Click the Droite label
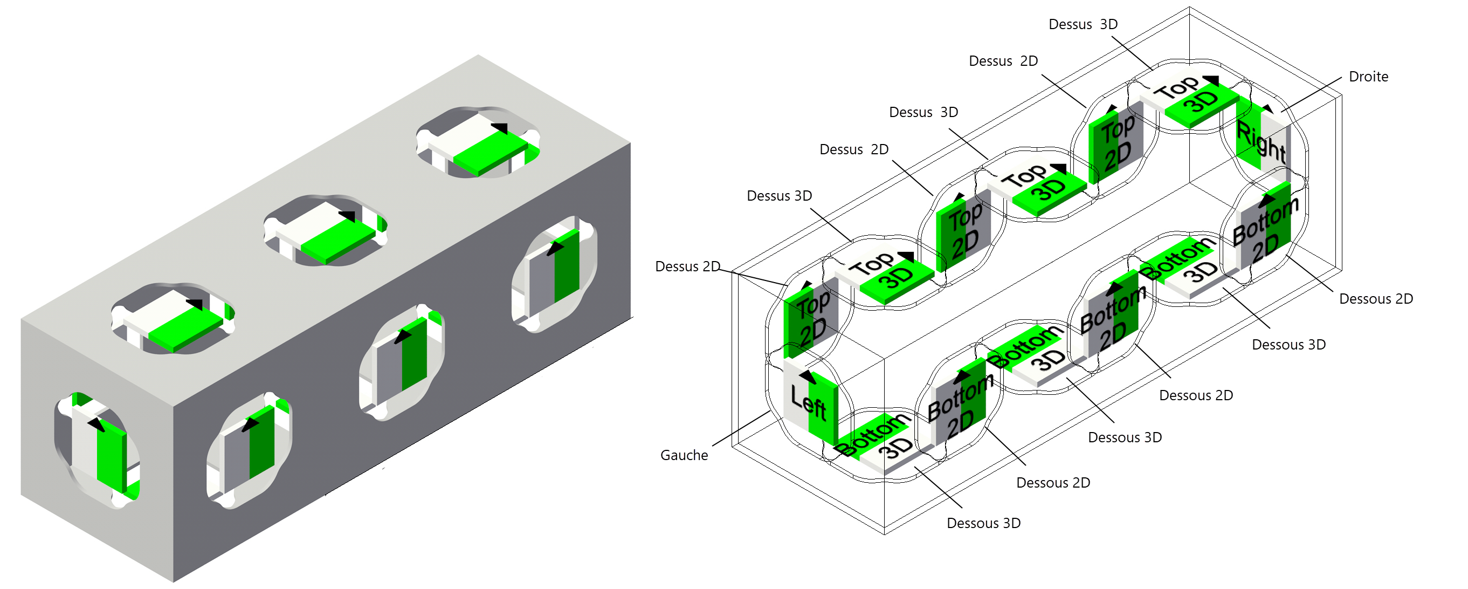[1368, 77]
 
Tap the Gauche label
[684, 455]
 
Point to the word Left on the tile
[808, 401]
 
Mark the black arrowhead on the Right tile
[1267, 108]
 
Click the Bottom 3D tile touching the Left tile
[880, 442]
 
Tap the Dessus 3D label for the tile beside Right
[1083, 24]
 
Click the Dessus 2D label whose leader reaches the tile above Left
[687, 266]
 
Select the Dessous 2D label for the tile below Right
[1376, 299]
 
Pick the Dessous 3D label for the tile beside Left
[983, 523]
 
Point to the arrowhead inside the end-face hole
[96, 425]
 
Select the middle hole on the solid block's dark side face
[402, 362]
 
